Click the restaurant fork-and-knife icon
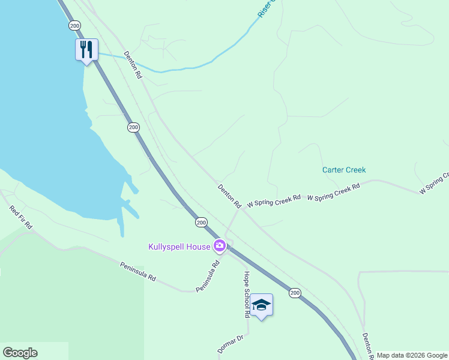(x=86, y=49)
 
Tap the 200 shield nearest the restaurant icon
(x=74, y=26)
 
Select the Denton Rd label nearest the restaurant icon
(x=133, y=65)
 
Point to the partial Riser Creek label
(x=266, y=8)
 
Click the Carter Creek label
(x=344, y=170)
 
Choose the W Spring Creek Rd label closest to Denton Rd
(x=273, y=200)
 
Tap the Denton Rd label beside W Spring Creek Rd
(x=229, y=196)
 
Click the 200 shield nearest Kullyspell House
(x=201, y=222)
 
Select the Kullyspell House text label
(x=179, y=246)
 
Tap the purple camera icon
(x=220, y=245)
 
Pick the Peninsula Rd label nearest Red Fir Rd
(x=138, y=272)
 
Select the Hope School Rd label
(x=246, y=294)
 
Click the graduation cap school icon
(x=262, y=305)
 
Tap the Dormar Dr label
(x=230, y=344)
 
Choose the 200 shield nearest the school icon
(x=294, y=292)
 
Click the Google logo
(x=20, y=353)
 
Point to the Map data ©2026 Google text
(x=412, y=355)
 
